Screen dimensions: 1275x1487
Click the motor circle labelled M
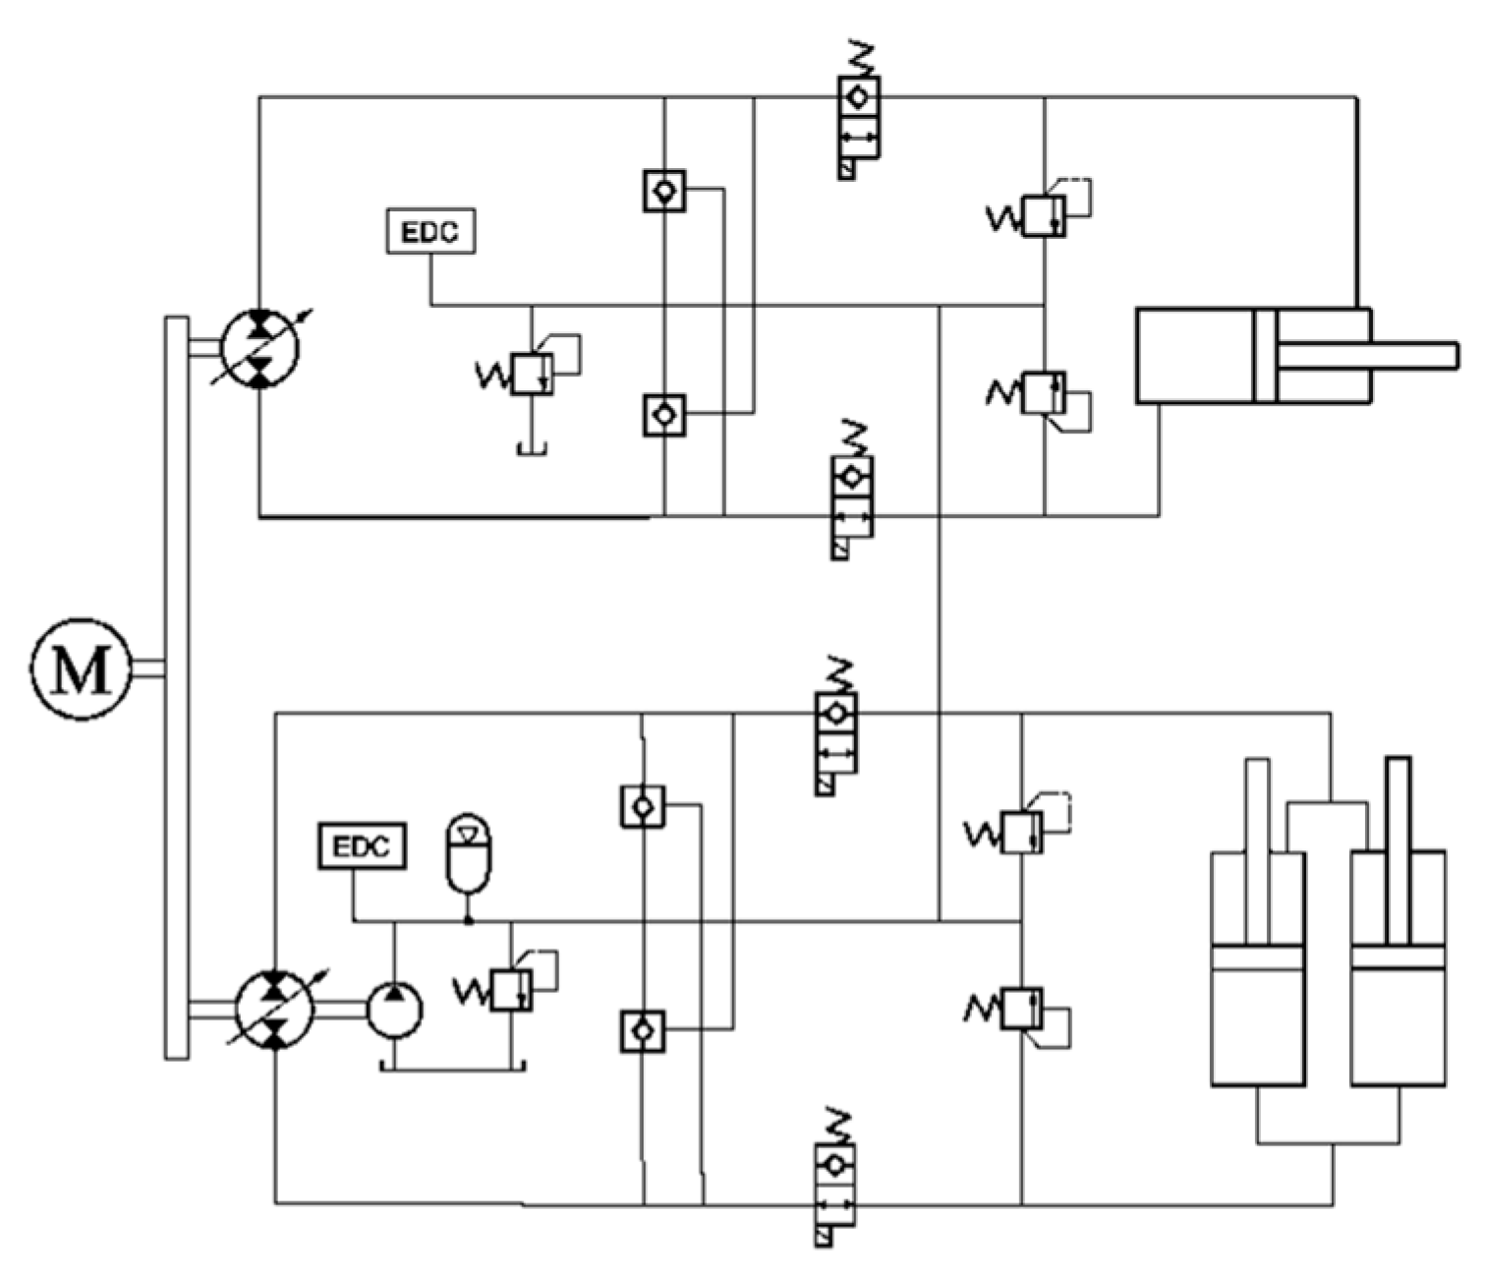[x=80, y=669]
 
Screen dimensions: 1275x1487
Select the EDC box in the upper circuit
[x=431, y=231]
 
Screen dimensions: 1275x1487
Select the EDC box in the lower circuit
[x=362, y=846]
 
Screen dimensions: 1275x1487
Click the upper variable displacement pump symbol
[x=259, y=349]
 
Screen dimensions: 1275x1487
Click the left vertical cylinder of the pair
[x=1258, y=983]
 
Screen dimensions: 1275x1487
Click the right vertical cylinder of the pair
[x=1398, y=983]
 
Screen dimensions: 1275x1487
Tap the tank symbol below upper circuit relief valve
[x=532, y=449]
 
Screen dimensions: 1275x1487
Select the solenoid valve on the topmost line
[x=858, y=118]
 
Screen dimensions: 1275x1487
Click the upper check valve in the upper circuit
[x=664, y=191]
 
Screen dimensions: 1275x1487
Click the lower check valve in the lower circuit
[x=643, y=1031]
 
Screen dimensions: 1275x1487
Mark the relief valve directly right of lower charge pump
[x=510, y=990]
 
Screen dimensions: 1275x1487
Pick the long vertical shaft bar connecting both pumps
[x=176, y=688]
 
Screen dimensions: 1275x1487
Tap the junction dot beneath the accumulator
[x=469, y=921]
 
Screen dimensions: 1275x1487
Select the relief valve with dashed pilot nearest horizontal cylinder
[x=1043, y=216]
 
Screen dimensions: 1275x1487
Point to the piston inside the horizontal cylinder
[x=1265, y=356]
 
